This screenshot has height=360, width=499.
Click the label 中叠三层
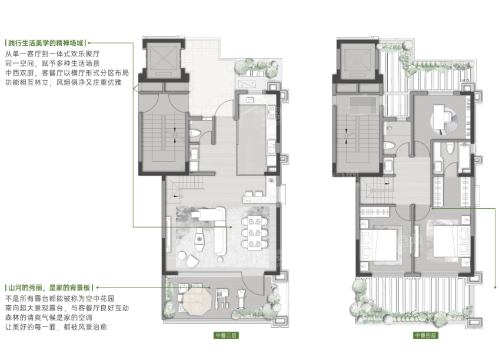[226, 335]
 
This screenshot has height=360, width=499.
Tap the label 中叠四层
[425, 335]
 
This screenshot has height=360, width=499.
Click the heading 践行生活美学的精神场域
[45, 43]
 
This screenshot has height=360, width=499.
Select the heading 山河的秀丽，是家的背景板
[49, 288]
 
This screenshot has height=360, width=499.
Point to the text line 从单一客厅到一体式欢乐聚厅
[52, 54]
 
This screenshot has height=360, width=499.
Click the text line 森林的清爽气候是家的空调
[49, 318]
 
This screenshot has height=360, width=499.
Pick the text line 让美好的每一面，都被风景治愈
[56, 327]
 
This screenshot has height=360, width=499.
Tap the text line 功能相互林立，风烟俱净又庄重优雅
[64, 82]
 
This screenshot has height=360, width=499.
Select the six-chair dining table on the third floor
[254, 233]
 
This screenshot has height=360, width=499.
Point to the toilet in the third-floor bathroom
[195, 132]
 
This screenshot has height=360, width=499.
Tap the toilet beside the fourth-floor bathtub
[450, 148]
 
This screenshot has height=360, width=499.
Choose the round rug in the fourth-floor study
[444, 120]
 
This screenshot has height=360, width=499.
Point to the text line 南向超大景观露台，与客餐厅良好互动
[67, 308]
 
